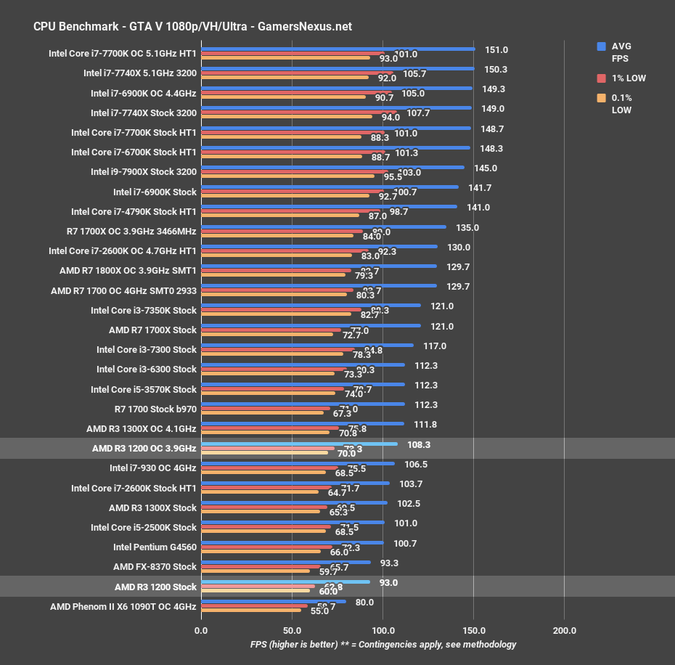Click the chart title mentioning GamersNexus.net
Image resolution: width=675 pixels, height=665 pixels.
click(x=192, y=26)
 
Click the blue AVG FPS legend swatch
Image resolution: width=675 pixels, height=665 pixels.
click(x=601, y=46)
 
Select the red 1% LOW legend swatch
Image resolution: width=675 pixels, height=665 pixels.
click(x=601, y=78)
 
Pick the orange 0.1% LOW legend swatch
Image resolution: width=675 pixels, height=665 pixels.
click(x=601, y=98)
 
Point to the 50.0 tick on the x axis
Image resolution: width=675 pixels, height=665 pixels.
click(x=292, y=630)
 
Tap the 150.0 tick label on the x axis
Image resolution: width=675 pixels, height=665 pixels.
click(x=473, y=630)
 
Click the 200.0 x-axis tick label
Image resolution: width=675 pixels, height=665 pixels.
click(x=564, y=630)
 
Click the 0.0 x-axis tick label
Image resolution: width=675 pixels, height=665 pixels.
click(x=201, y=630)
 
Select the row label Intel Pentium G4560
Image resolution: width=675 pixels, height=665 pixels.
click(x=155, y=547)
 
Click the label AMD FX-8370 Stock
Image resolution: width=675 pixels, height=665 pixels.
click(x=155, y=567)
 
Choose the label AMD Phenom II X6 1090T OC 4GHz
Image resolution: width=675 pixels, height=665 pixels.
click(x=123, y=606)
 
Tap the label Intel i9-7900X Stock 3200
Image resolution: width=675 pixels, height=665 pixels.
click(x=144, y=172)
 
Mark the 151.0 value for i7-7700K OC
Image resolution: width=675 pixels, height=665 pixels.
click(x=496, y=50)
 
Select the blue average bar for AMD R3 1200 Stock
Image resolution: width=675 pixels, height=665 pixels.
click(x=285, y=582)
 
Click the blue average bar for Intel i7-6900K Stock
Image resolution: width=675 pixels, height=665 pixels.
click(x=330, y=187)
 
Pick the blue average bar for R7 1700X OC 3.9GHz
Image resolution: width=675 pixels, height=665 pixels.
click(x=324, y=227)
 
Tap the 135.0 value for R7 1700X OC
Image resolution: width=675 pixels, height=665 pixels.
click(x=467, y=227)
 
